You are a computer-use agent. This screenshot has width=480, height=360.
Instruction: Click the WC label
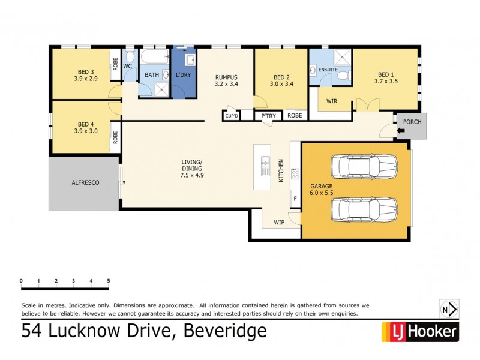[128, 66]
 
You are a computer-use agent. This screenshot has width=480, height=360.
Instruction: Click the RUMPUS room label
[226, 77]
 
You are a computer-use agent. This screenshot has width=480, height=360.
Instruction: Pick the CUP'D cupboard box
[232, 116]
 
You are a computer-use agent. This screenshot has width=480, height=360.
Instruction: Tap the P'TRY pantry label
[264, 116]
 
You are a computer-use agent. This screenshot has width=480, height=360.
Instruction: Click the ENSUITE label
[328, 70]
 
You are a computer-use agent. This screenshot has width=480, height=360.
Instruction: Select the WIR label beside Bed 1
[332, 101]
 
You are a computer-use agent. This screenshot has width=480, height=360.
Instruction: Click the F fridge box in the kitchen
[295, 198]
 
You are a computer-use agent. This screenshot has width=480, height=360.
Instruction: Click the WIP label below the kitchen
[279, 222]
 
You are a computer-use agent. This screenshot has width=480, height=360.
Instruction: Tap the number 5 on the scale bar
[109, 281]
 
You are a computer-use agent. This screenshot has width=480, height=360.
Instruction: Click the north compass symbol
[449, 310]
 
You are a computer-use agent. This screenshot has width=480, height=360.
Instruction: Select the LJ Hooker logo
[420, 331]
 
